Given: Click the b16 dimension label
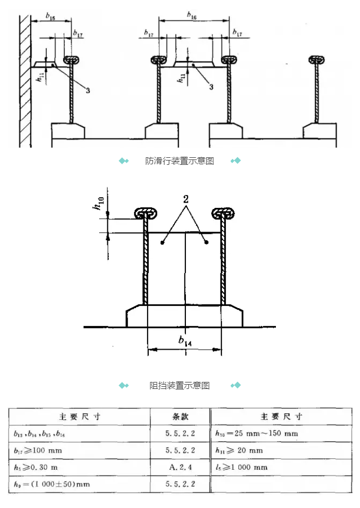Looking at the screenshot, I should (x=192, y=16).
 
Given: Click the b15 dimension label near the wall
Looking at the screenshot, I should (x=50, y=17).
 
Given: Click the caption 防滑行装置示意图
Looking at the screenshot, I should (x=179, y=161).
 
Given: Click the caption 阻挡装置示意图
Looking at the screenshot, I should (x=179, y=385).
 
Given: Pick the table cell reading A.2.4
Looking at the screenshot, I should (x=180, y=467).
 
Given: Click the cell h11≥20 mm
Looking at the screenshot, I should (x=239, y=450).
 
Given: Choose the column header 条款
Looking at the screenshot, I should (x=180, y=416).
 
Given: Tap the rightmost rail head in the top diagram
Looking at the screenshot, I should (x=316, y=59).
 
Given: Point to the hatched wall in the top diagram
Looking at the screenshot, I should (x=24, y=81).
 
